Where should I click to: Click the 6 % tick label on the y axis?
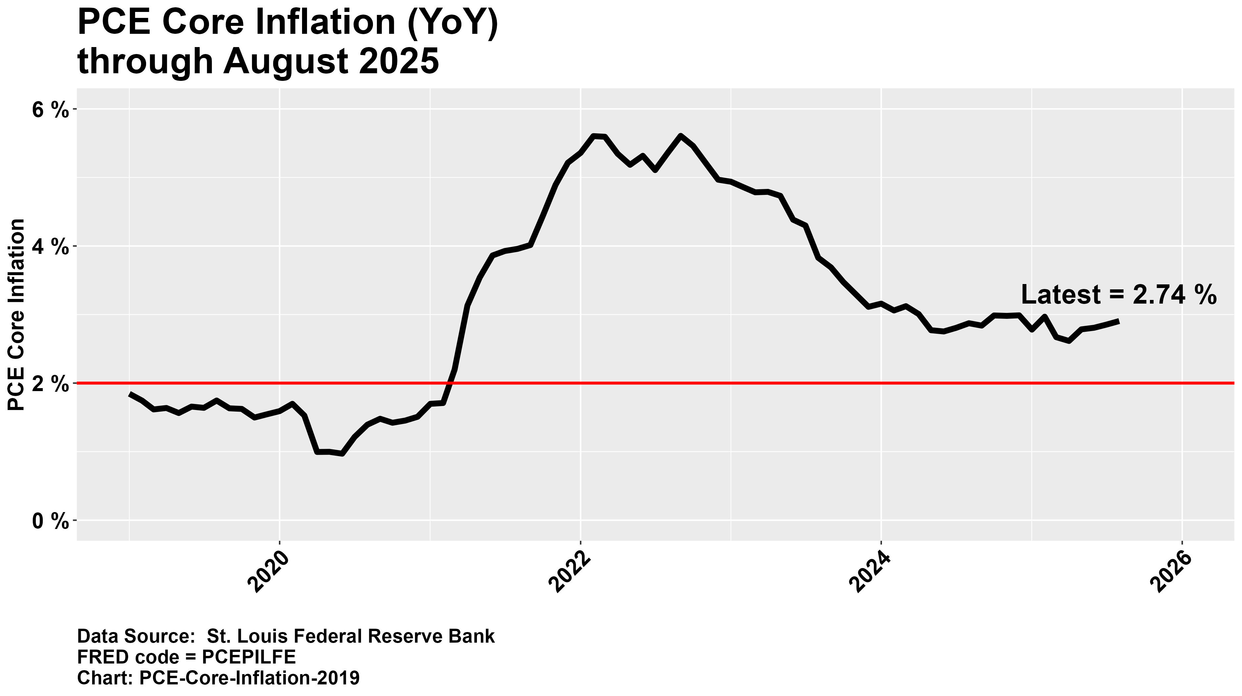[x=50, y=110]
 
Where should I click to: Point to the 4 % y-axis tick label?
[x=50, y=248]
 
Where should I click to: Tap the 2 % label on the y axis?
[x=50, y=384]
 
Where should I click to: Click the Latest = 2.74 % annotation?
[x=1118, y=295]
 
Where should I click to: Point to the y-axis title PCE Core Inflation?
[x=17, y=315]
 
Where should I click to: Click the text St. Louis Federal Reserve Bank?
[x=350, y=636]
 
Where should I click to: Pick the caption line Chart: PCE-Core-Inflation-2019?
[x=218, y=678]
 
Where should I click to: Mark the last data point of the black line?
[x=1118, y=321]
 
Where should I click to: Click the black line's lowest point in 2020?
[x=342, y=454]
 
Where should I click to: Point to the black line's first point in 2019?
[x=130, y=394]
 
